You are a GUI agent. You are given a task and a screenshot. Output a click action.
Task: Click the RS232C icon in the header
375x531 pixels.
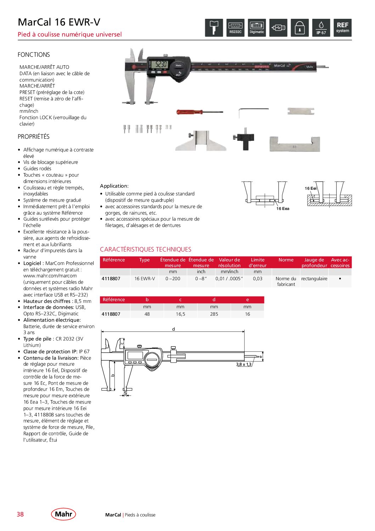235,28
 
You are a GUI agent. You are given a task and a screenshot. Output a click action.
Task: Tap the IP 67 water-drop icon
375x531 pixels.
321,28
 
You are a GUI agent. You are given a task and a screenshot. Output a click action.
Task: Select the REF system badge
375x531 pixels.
342,28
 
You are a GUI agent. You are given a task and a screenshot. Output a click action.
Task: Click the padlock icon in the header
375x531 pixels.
300,28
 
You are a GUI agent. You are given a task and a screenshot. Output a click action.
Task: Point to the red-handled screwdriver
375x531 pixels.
199,112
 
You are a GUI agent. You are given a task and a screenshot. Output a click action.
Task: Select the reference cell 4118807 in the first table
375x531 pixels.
111,279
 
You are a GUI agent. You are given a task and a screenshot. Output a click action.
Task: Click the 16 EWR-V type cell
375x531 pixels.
145,279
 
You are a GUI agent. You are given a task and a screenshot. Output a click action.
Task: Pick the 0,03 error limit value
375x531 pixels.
258,279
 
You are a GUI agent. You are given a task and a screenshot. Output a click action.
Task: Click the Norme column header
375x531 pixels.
286,260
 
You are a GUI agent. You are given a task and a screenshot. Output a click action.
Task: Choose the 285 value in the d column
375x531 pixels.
214,314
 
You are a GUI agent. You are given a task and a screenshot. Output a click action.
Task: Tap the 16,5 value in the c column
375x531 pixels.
180,314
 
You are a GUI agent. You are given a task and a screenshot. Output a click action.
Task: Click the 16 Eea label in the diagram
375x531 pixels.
283,209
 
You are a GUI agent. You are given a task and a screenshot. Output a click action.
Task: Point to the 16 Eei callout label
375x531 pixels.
310,188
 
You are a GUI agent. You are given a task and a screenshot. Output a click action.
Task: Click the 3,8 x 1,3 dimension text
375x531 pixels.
244,365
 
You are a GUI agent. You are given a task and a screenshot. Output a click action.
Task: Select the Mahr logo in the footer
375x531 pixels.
63,514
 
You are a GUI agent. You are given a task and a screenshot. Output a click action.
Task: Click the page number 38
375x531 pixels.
20,514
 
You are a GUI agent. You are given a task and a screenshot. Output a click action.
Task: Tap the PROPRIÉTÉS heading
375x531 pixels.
34,137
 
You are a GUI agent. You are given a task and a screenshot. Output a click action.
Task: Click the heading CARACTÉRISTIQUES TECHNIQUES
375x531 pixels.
146,249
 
